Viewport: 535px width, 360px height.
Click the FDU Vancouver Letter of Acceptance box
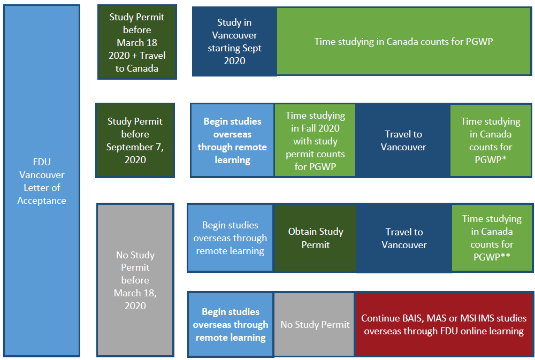[42, 181]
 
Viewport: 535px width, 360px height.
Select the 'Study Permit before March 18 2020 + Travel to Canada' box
[137, 42]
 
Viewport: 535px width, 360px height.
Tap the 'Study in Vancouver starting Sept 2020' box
[234, 42]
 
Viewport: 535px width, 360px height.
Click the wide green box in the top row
[403, 41]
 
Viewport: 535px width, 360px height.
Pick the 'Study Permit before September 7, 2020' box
[135, 140]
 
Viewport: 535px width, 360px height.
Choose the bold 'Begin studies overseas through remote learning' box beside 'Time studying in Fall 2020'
[232, 140]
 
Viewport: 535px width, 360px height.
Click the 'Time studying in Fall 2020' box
[315, 140]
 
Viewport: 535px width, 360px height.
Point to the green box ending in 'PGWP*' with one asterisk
[491, 140]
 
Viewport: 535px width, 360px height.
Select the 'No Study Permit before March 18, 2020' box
[135, 280]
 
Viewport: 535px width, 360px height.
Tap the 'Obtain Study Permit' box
[316, 238]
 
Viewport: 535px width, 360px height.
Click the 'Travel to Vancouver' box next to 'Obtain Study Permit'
[404, 238]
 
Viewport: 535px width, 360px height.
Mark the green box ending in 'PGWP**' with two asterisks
[492, 238]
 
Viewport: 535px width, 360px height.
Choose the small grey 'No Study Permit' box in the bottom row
[315, 325]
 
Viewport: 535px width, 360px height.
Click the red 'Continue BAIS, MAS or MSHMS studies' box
[444, 325]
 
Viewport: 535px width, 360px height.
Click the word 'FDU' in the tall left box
[42, 162]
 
